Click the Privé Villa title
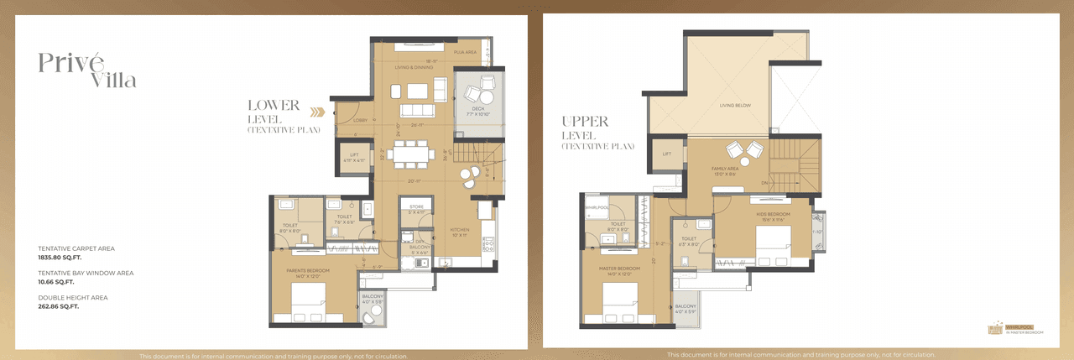86,69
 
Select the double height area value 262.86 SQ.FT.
58,306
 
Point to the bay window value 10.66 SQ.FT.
56,282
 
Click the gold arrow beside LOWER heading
316,111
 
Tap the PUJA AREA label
465,52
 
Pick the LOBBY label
347,119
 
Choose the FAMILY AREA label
723,169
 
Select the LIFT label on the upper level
667,154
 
